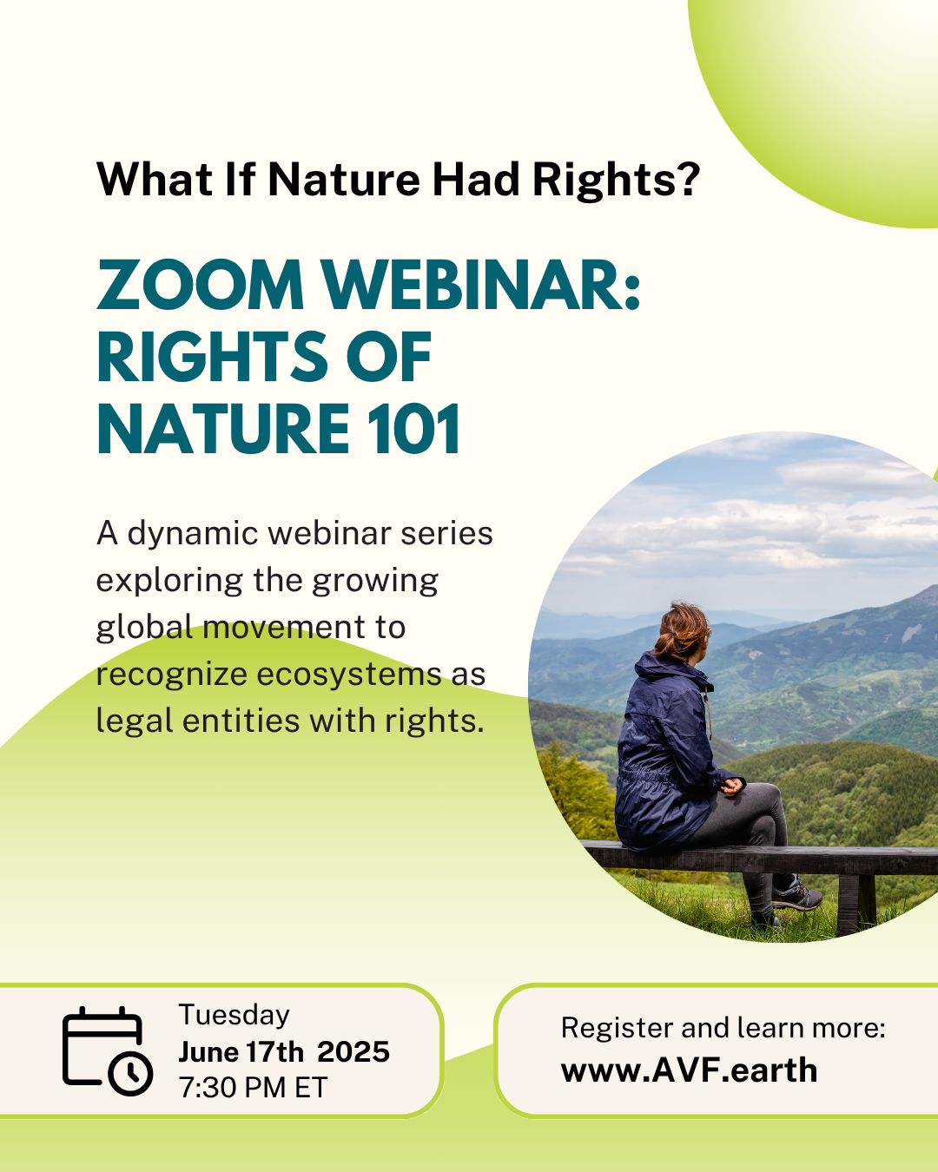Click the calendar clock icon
[x=108, y=1050]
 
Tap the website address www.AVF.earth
[x=689, y=1070]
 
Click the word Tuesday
[x=234, y=1015]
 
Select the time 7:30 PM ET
[x=253, y=1088]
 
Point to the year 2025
[x=353, y=1052]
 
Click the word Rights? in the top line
[x=616, y=180]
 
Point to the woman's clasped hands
[x=732, y=787]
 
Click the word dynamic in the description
[x=193, y=534]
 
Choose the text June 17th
[x=241, y=1052]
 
